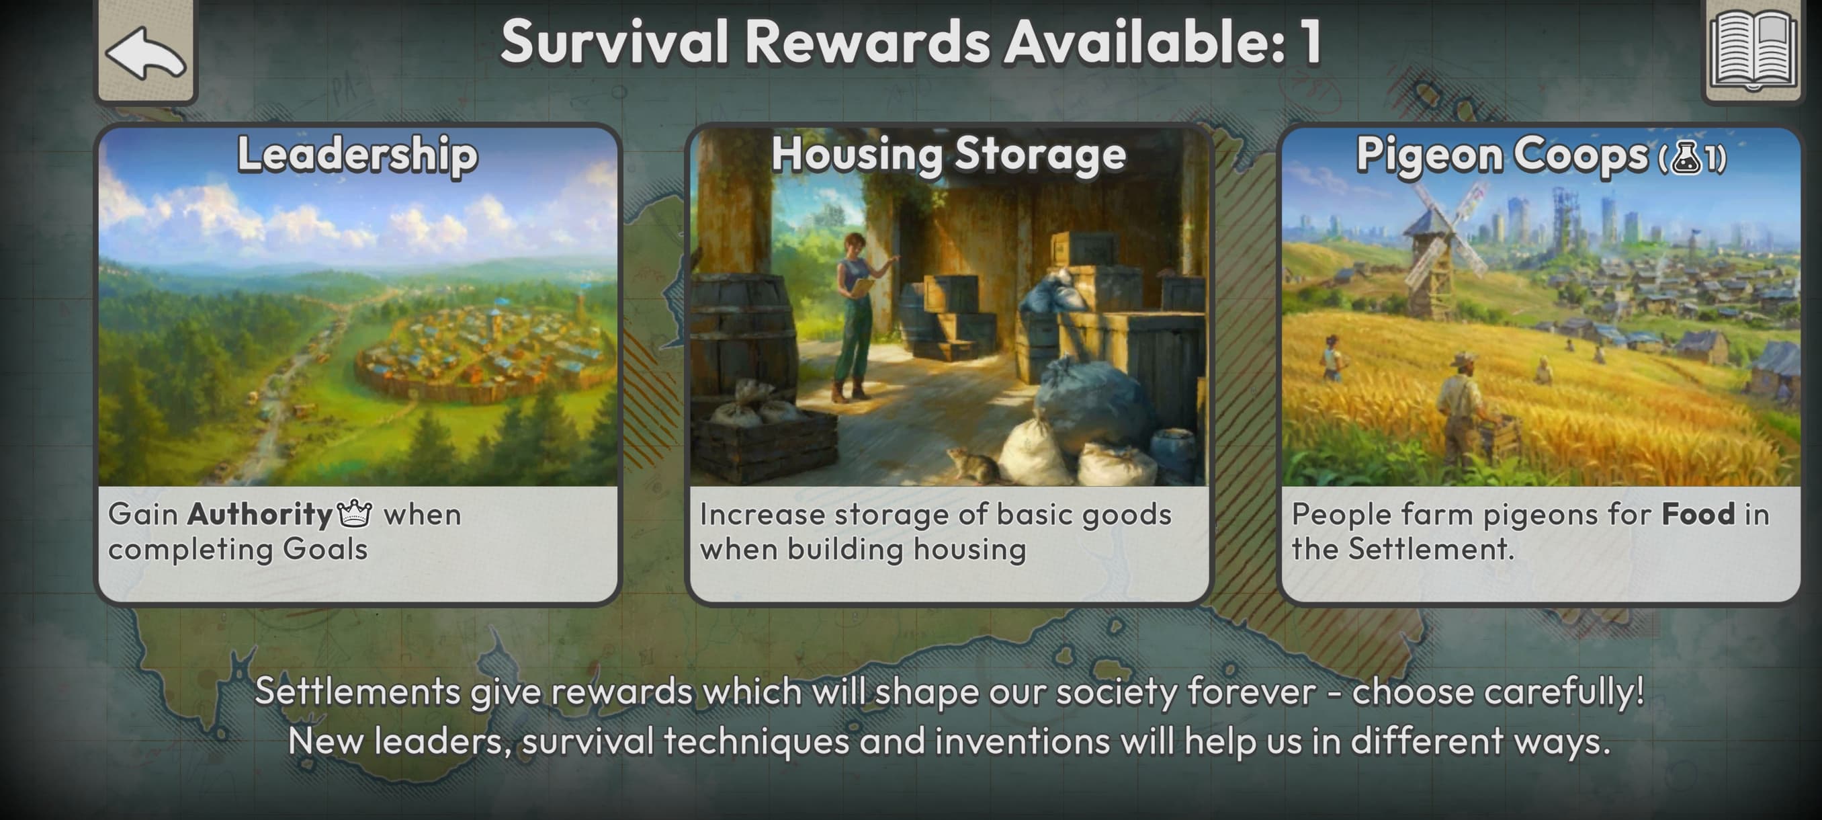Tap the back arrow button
coord(146,51)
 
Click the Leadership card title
coord(357,154)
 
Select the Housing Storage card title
coord(949,154)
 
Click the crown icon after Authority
coord(354,513)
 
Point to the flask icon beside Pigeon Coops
coord(1687,158)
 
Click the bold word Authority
coord(259,515)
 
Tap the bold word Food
coord(1698,514)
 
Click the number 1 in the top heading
coord(1310,42)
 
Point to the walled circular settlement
coord(481,351)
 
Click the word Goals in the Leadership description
coord(324,550)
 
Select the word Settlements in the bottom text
coord(357,690)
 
